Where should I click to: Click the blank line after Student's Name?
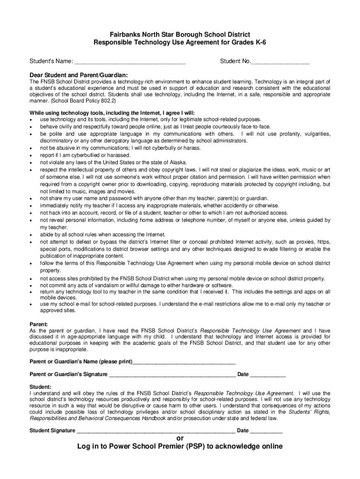(x=130, y=62)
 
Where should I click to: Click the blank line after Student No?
(x=281, y=62)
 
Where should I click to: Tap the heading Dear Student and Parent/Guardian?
(x=79, y=75)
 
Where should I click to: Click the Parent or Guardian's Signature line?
(x=172, y=375)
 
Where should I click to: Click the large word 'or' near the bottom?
(x=180, y=438)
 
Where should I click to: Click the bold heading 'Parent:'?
(x=39, y=324)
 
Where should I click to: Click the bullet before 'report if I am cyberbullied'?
(x=31, y=155)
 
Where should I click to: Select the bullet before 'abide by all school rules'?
(x=31, y=235)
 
